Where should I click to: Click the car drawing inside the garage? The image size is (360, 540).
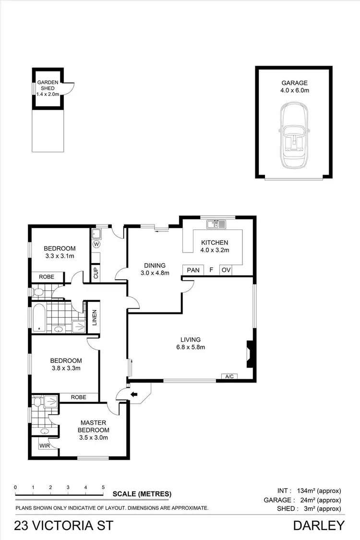tap(293, 137)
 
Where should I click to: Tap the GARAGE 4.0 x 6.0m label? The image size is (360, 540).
tap(295, 86)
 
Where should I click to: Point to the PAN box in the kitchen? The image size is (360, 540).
tap(193, 270)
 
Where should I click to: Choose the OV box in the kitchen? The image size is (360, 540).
tap(226, 270)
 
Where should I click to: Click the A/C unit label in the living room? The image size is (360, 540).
tap(229, 376)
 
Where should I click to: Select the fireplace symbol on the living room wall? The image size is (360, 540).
tap(249, 354)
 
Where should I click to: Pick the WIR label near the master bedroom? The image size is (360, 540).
tap(45, 445)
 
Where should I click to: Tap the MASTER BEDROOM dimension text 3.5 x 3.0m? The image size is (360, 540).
tap(94, 437)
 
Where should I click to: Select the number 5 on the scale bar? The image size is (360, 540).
tap(103, 487)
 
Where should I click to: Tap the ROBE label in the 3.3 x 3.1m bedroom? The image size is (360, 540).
tap(47, 277)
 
